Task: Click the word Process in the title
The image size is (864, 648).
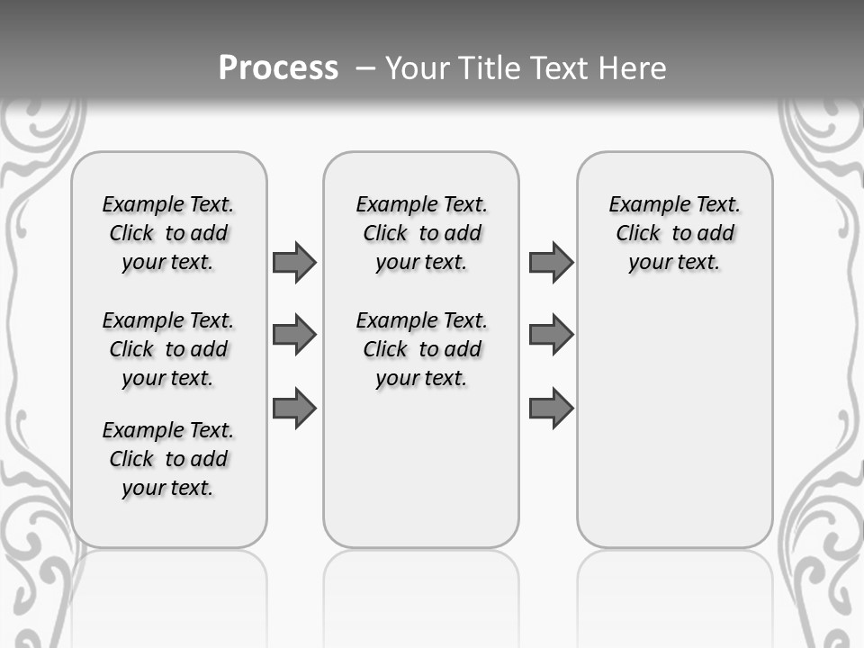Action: pos(278,68)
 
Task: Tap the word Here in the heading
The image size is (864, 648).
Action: pos(633,68)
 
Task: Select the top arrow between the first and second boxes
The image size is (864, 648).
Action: pos(294,262)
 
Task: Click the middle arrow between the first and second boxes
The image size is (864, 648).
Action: pos(294,335)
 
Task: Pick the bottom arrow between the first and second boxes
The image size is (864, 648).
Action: pos(294,408)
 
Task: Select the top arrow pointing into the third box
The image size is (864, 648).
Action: pos(551,262)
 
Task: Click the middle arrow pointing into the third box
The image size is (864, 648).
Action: pos(551,335)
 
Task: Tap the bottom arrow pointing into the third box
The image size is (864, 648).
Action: pos(551,408)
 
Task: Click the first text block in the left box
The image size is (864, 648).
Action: pos(168,233)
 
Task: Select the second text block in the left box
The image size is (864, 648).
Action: pos(168,349)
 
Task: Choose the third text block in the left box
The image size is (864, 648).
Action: pos(168,459)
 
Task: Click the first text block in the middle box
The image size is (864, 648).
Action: pos(421,233)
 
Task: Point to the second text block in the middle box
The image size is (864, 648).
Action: pos(421,349)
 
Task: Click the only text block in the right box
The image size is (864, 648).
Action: pos(674,233)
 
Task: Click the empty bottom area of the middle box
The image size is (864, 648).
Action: pos(421,477)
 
